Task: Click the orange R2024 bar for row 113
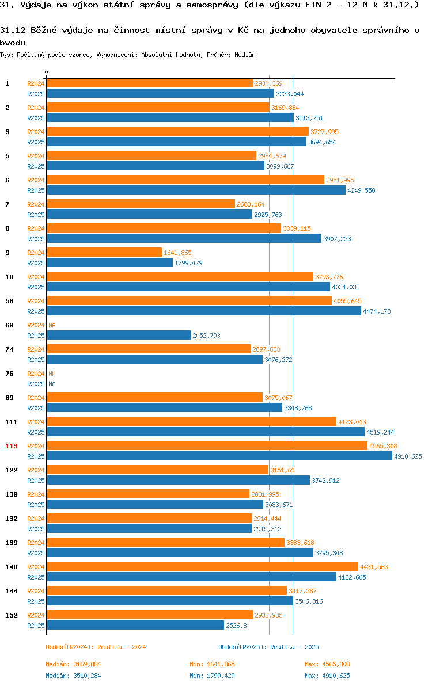[207, 445]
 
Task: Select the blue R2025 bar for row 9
[110, 262]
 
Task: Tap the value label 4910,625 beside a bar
[408, 456]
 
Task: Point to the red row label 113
[12, 446]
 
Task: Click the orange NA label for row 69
[52, 325]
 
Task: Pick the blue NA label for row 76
[52, 384]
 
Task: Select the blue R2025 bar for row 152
[136, 625]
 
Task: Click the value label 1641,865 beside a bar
[178, 253]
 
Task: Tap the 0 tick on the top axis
[47, 72]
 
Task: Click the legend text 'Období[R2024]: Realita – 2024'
[96, 647]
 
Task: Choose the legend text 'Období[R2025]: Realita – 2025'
[269, 647]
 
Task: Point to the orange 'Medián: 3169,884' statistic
[74, 664]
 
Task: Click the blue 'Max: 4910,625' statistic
[327, 676]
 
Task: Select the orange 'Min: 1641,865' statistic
[213, 664]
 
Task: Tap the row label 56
[10, 301]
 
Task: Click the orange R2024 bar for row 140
[203, 566]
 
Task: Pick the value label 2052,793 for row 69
[207, 336]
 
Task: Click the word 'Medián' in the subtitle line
[245, 55]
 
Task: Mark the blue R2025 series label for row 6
[36, 190]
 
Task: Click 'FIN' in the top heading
[313, 5]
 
